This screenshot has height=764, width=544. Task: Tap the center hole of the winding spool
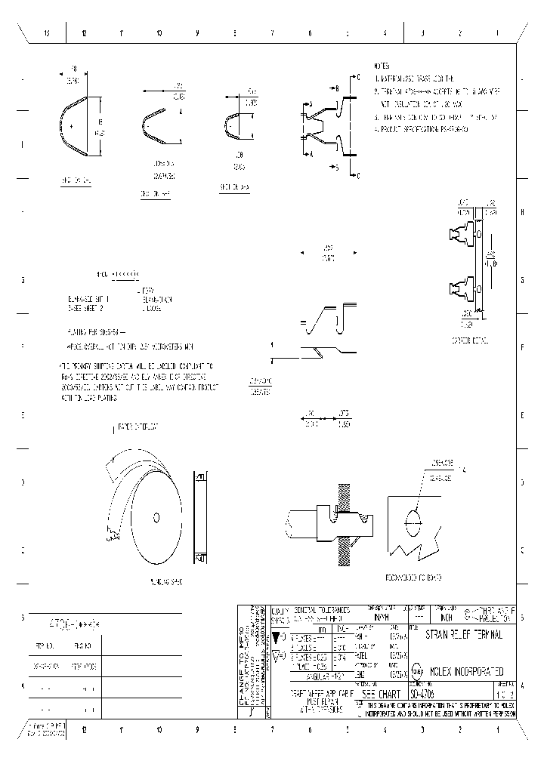[x=156, y=517]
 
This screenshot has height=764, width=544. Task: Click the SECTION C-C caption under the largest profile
[x=76, y=181]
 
